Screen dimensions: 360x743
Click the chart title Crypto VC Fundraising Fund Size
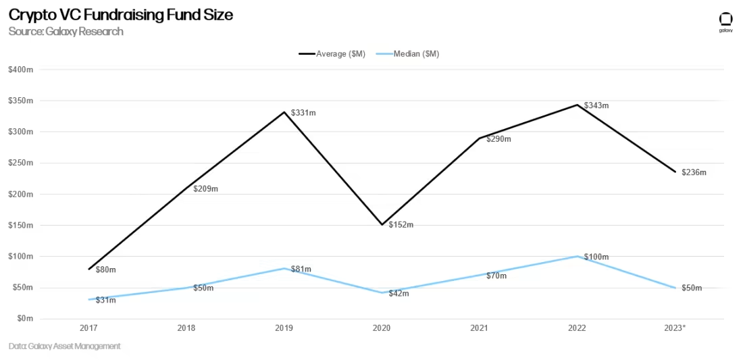pos(121,15)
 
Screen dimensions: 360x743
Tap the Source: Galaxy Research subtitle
pos(66,32)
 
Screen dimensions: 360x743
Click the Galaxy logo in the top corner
pos(725,22)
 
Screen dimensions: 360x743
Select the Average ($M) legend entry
pos(332,54)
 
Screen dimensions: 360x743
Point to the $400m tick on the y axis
pos(21,70)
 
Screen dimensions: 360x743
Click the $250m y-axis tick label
pos(21,163)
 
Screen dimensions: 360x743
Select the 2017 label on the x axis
pos(88,328)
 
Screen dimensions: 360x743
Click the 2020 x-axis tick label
pos(382,328)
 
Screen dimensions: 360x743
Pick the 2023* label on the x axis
pos(674,328)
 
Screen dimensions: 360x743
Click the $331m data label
pos(303,113)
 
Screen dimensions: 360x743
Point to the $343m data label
pos(596,105)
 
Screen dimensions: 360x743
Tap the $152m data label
pos(401,225)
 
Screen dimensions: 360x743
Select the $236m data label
pos(694,173)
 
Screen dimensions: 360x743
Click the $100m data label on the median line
pos(596,257)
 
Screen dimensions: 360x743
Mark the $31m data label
pos(105,300)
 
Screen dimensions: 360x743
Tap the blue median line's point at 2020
pos(382,292)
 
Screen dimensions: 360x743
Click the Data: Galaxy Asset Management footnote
pos(65,346)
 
